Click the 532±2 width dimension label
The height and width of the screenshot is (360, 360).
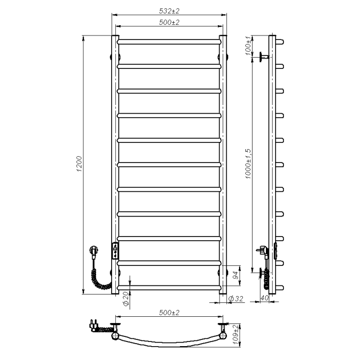pos(169,11)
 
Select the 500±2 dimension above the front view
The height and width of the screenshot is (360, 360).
pos(169,22)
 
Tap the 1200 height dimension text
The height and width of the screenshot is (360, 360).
pos(79,164)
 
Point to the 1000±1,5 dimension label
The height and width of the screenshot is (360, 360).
pos(248,164)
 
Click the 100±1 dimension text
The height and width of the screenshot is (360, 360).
pos(248,46)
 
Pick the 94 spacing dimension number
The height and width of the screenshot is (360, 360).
pos(236,275)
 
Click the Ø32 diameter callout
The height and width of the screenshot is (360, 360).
pos(236,299)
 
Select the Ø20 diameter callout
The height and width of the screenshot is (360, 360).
pos(126,299)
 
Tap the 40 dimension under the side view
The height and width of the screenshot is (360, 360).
pos(264,298)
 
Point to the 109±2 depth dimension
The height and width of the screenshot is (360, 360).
pos(236,334)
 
